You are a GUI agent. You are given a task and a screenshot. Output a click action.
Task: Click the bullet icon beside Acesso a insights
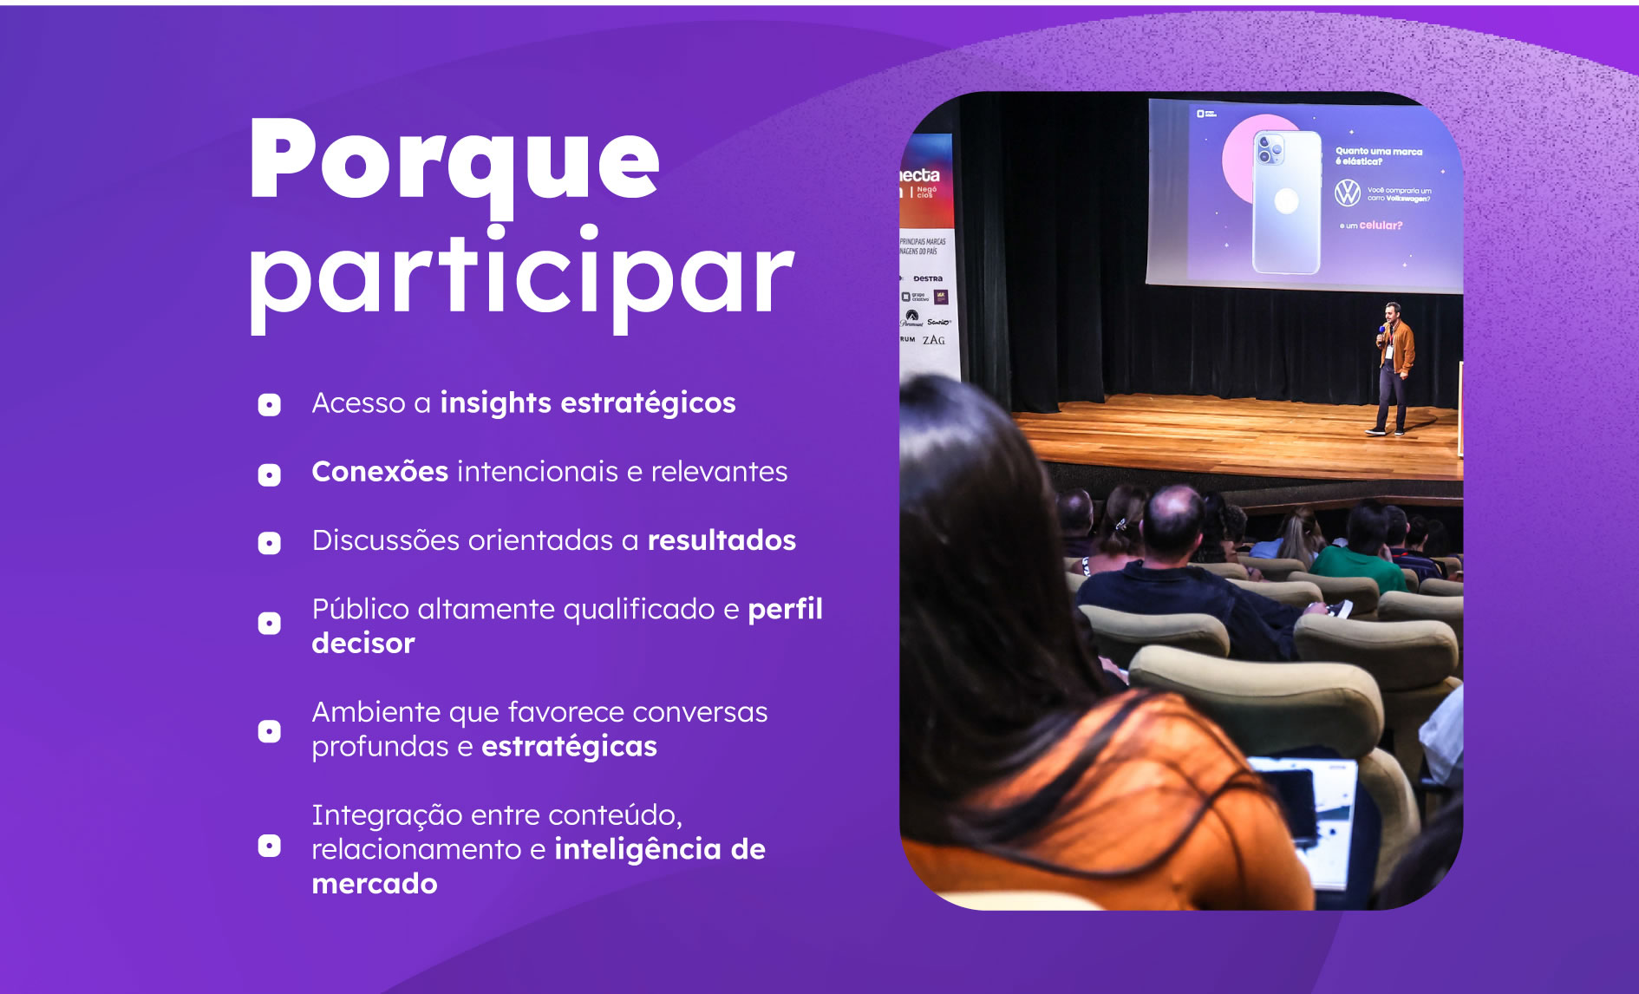coord(270,405)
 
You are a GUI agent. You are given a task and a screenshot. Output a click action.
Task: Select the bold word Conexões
coord(380,472)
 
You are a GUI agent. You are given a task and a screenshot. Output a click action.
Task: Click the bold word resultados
coord(722,540)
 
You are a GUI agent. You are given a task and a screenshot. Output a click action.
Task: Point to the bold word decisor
coord(363,644)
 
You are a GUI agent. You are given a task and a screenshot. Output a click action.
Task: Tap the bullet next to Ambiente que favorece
coord(270,731)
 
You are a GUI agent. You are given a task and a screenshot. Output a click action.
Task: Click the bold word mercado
coord(375,884)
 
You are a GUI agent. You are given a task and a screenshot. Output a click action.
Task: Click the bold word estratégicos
coord(648,403)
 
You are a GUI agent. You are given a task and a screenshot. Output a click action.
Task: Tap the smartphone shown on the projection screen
coord(1287,201)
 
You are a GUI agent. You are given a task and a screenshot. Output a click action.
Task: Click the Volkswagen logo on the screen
coord(1347,193)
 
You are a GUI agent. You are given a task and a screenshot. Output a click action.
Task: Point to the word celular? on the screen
coord(1380,226)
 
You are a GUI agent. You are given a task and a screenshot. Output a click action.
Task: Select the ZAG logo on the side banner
coord(934,340)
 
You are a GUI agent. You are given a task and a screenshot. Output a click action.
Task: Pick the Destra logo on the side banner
coord(927,278)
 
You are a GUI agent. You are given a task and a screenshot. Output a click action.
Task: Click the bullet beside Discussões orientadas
coord(270,543)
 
